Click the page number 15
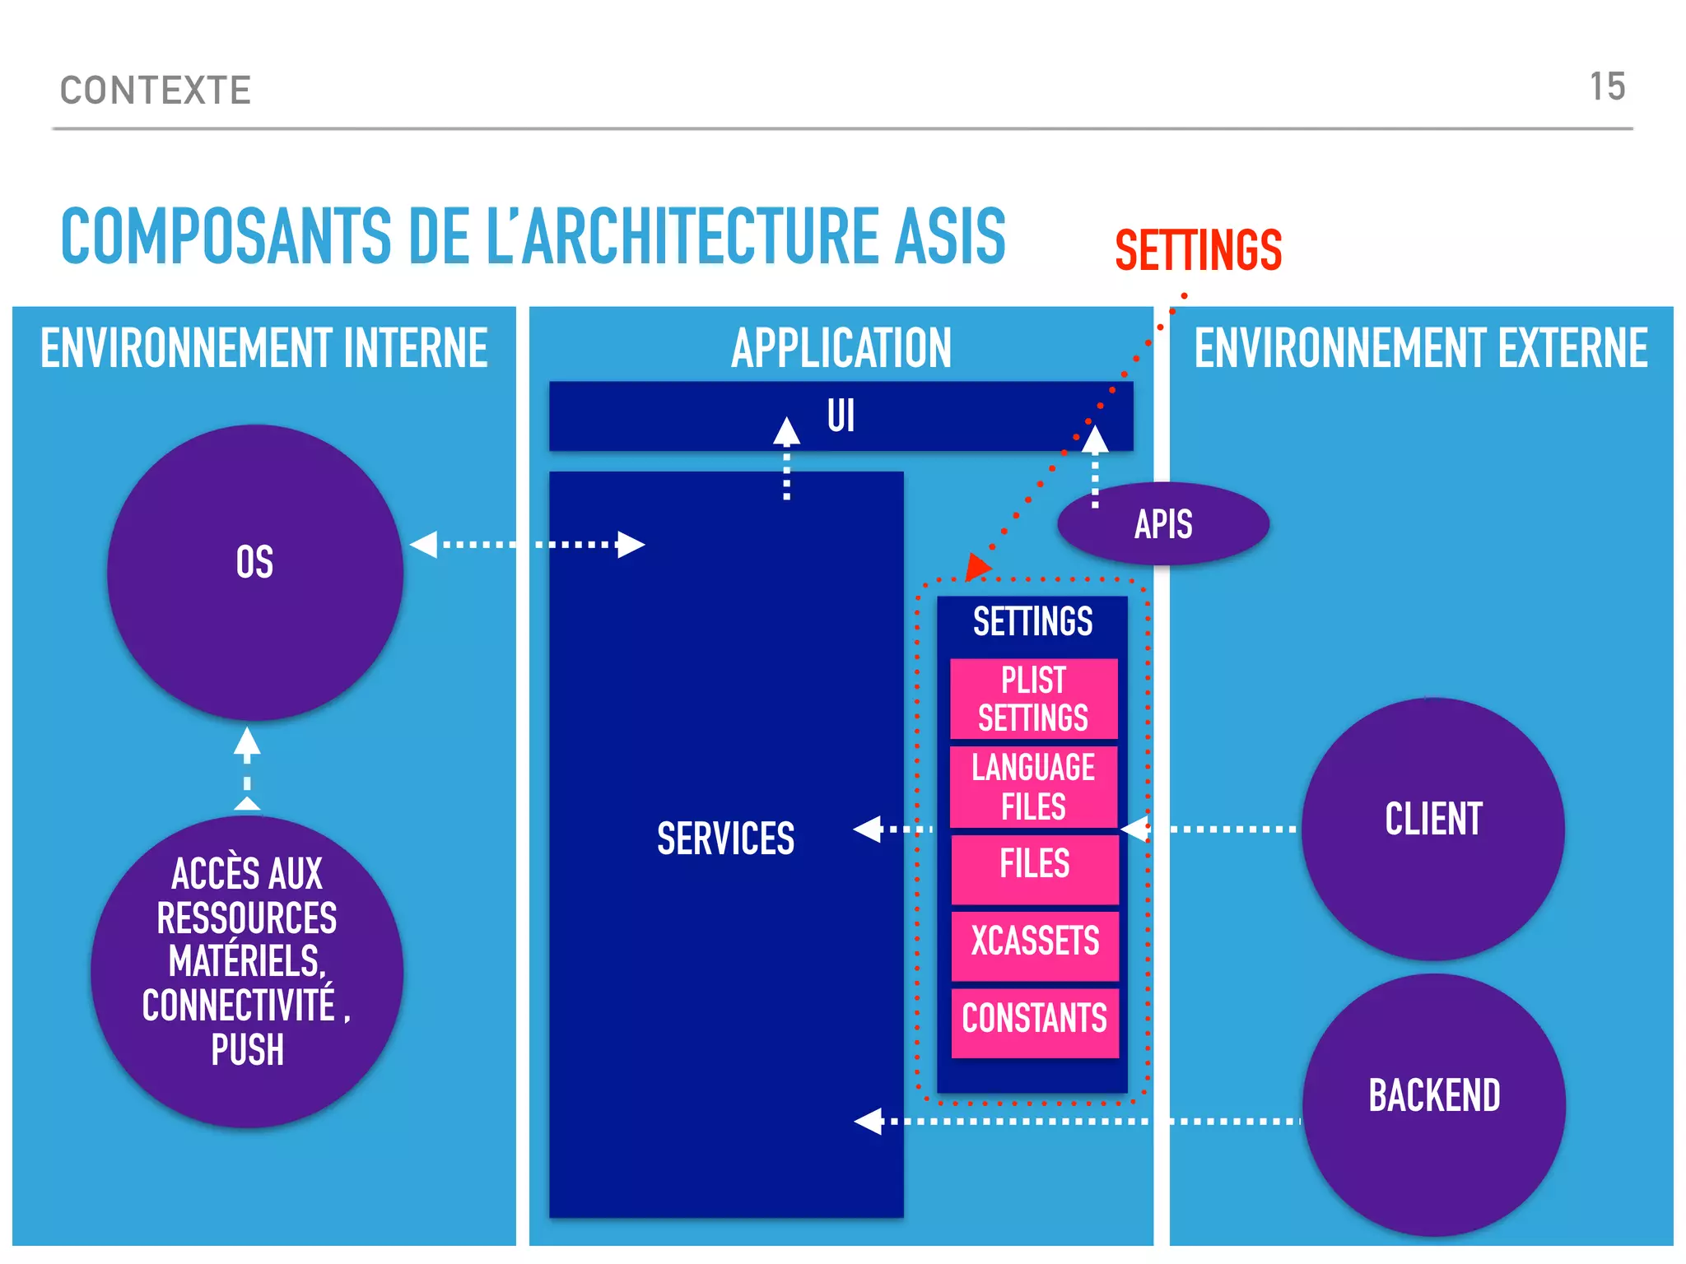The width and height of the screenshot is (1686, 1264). tap(1607, 87)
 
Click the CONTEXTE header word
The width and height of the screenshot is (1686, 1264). tap(156, 91)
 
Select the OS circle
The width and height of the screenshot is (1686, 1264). tap(254, 572)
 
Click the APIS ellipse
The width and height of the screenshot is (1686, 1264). tap(1162, 524)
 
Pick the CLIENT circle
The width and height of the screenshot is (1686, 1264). tap(1432, 828)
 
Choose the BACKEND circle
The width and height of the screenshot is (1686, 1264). tap(1433, 1103)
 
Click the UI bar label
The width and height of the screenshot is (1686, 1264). tap(841, 416)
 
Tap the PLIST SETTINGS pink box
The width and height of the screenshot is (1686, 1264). tap(1033, 699)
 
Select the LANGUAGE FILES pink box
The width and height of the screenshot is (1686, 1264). tap(1033, 787)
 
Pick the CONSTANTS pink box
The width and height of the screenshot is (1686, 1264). tap(1035, 1021)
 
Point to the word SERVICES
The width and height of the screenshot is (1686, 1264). tap(725, 839)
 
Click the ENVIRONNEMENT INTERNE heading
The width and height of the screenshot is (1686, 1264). tap(263, 348)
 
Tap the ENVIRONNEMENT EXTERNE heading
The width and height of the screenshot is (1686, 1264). tap(1421, 348)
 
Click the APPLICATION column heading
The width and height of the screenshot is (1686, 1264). tap(841, 348)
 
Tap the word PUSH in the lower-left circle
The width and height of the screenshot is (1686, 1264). tap(247, 1051)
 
